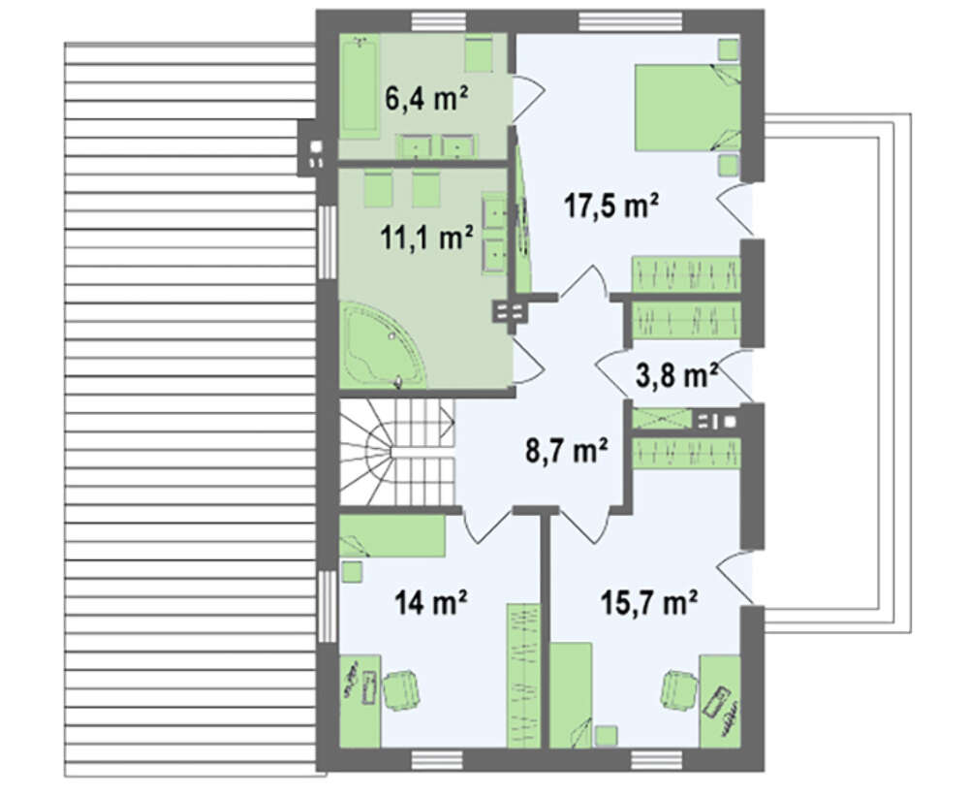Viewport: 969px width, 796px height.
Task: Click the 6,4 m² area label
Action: point(425,100)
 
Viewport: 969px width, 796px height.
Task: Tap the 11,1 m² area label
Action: point(427,239)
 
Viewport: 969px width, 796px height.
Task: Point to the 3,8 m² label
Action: point(676,375)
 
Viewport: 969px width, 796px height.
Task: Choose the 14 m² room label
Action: point(430,602)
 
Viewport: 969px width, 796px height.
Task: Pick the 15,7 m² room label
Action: point(650,602)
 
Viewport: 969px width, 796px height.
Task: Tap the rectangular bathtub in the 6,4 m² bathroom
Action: point(359,85)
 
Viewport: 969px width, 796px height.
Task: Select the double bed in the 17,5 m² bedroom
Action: point(688,107)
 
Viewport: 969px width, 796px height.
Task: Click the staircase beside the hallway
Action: point(396,453)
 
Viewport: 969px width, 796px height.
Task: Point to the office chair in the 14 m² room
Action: point(402,691)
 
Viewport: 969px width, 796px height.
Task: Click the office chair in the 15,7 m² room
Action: point(680,691)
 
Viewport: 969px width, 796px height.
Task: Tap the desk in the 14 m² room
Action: point(359,701)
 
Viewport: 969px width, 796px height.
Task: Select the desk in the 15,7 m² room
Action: point(720,701)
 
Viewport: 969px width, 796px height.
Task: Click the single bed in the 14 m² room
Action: point(392,535)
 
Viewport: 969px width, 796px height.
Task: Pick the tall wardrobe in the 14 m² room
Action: point(523,676)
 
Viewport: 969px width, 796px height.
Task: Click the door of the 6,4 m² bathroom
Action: point(527,93)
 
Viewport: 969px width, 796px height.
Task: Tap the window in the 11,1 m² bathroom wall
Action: point(327,241)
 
